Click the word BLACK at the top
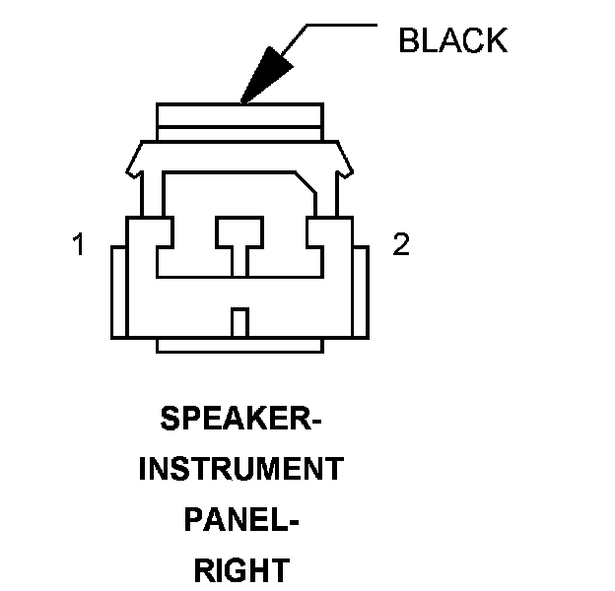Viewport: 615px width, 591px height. click(x=452, y=40)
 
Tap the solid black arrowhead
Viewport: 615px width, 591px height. click(x=265, y=76)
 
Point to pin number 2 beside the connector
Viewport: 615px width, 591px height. click(x=400, y=245)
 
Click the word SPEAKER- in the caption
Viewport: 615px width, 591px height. click(x=240, y=420)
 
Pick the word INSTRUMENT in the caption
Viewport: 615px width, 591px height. click(x=240, y=469)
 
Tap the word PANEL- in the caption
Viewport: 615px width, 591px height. click(x=240, y=519)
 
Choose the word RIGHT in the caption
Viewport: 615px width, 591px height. click(x=240, y=569)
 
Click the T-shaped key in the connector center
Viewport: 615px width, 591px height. click(x=239, y=236)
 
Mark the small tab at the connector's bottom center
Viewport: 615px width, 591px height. click(x=239, y=322)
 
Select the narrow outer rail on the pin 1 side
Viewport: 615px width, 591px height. click(x=118, y=293)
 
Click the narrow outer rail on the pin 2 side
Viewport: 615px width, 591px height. click(x=361, y=293)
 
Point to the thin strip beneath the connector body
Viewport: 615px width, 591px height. click(x=239, y=345)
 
